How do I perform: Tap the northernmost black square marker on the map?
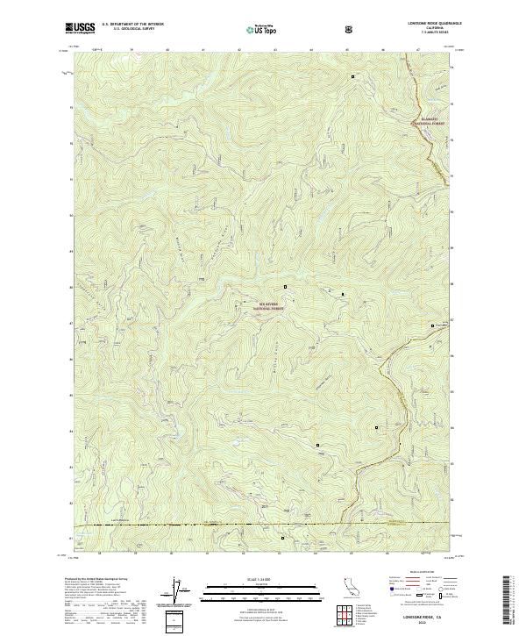pos(353,77)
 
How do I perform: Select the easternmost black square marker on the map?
pos(432,325)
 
